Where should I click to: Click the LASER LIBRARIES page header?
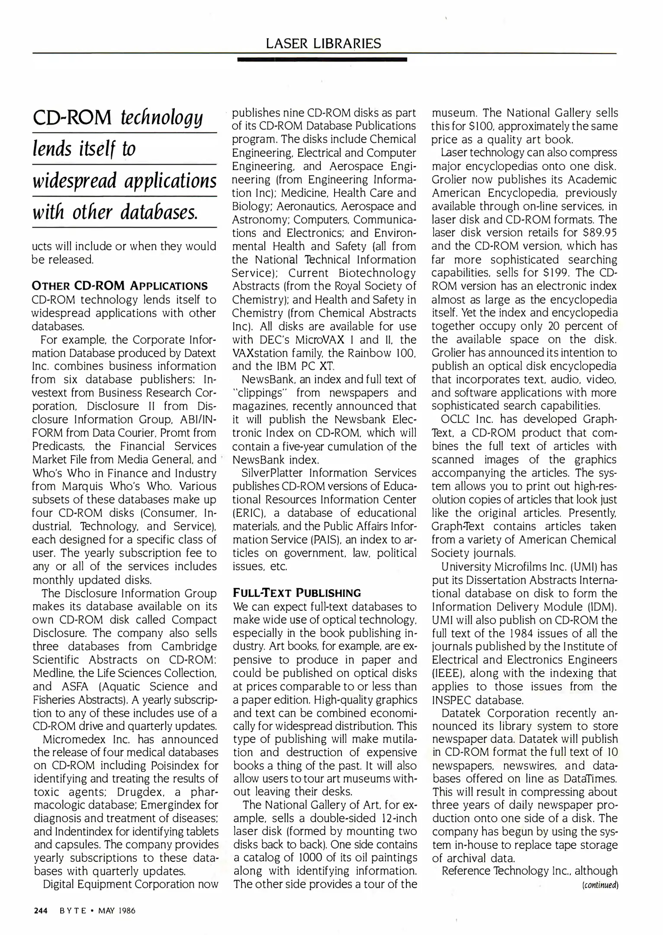click(323, 43)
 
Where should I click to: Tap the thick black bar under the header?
click(322, 59)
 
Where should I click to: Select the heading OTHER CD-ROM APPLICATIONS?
click(120, 286)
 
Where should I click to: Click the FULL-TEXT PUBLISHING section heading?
click(297, 593)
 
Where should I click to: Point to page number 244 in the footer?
click(41, 910)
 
